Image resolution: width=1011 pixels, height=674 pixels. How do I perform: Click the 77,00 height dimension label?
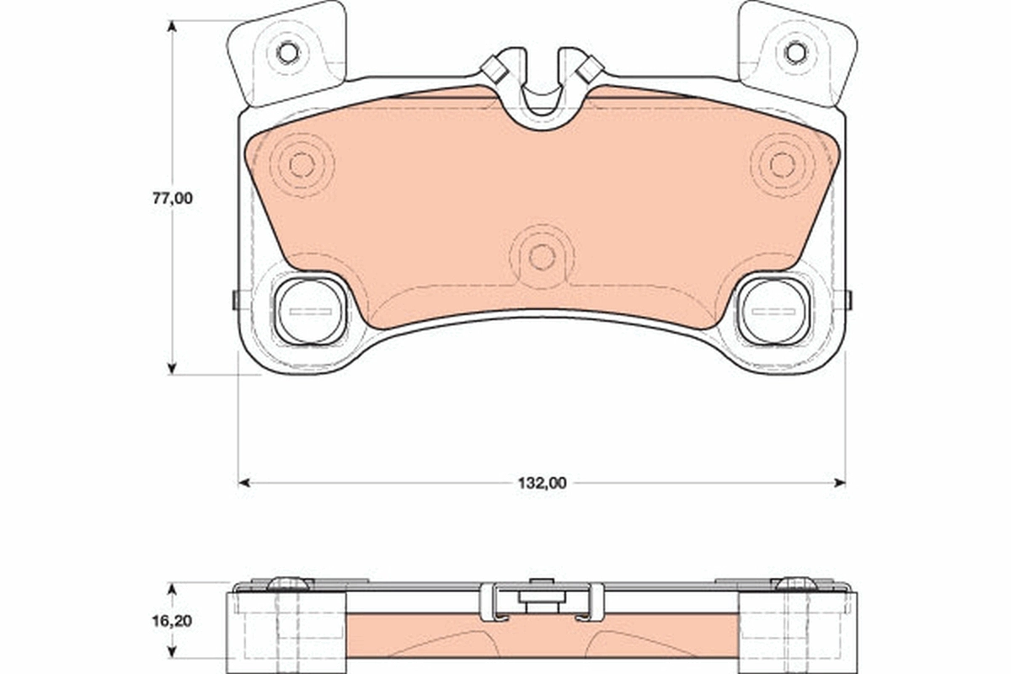[173, 198]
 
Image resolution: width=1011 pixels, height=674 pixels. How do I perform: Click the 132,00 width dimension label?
[542, 484]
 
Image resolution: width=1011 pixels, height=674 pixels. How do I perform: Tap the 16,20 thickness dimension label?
[172, 621]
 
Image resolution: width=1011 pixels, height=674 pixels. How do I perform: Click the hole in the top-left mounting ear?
[287, 53]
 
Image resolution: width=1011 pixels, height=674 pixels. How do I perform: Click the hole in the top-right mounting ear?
[795, 53]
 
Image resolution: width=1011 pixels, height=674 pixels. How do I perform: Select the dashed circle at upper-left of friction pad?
[302, 165]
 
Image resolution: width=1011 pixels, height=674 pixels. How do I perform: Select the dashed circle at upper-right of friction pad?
[782, 165]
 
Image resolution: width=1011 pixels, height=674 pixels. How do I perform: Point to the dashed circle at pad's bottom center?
[542, 257]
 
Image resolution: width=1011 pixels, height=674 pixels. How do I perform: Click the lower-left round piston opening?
[311, 311]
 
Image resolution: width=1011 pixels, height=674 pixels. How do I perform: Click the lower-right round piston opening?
[773, 311]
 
